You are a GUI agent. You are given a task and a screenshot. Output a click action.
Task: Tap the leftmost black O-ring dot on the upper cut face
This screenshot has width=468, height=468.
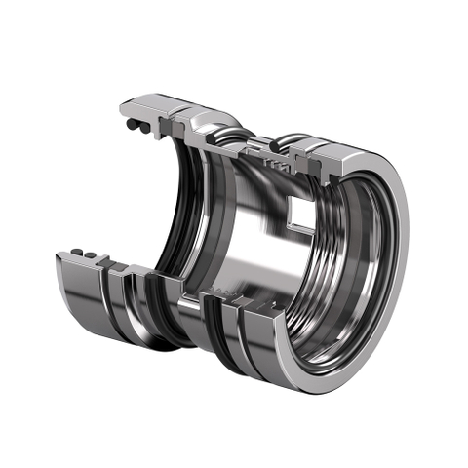coord(127,127)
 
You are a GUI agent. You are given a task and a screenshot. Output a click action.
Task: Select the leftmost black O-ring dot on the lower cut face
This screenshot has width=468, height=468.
coord(75,253)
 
